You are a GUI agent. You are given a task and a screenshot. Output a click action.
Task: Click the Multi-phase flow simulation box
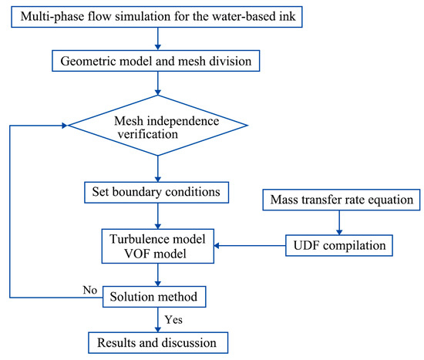click(x=159, y=16)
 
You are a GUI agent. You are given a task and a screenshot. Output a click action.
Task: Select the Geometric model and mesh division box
click(x=158, y=59)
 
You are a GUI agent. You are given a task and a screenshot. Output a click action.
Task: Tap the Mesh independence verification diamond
click(x=158, y=124)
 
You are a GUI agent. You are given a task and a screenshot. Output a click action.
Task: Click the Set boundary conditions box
click(x=157, y=190)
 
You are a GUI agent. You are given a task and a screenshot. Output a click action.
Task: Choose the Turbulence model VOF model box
click(x=157, y=245)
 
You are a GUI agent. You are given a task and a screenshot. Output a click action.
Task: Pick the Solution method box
click(x=157, y=297)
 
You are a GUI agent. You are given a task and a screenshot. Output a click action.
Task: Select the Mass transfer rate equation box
click(x=335, y=201)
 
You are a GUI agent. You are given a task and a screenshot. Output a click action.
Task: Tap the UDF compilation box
click(x=335, y=245)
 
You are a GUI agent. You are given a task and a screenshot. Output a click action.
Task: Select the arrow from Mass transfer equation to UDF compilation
click(x=335, y=223)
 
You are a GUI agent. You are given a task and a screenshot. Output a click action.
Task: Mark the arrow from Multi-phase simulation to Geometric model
click(x=158, y=38)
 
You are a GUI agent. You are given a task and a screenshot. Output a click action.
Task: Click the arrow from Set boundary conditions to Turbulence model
click(x=157, y=215)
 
